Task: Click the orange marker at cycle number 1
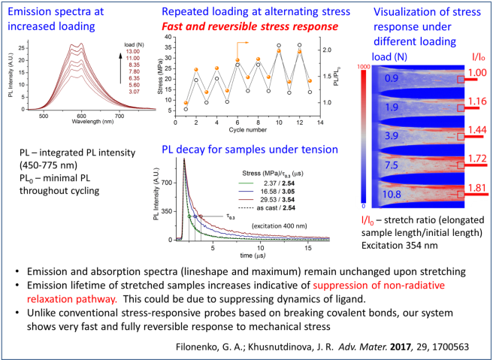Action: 186,102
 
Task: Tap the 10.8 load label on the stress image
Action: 390,194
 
